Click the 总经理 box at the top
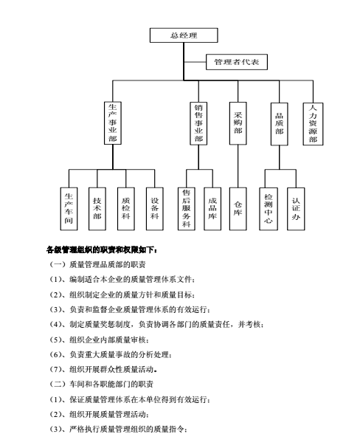(x=184, y=35)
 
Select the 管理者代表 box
(x=237, y=62)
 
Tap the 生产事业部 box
(x=113, y=123)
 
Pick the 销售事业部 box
(x=198, y=123)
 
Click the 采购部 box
(x=238, y=123)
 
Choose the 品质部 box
(x=279, y=124)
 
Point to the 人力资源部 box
(x=313, y=124)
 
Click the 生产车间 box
(x=69, y=209)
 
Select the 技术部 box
(x=97, y=209)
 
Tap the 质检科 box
(x=126, y=209)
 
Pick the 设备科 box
(x=155, y=209)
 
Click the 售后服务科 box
(x=187, y=209)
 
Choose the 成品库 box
(x=212, y=209)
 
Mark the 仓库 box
(x=238, y=209)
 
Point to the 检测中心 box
(x=269, y=209)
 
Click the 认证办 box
(x=296, y=209)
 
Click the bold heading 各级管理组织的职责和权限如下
(x=102, y=250)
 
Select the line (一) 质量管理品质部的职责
(x=97, y=264)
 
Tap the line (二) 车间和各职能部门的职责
(x=101, y=384)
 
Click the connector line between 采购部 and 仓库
(x=238, y=166)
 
